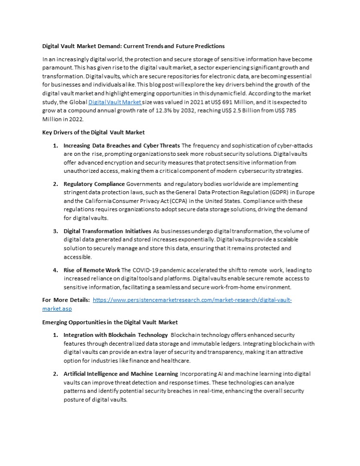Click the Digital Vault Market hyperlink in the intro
(x=115, y=102)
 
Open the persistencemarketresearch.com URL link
(x=192, y=300)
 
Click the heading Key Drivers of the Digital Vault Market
(x=93, y=132)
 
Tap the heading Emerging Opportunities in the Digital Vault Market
(x=110, y=322)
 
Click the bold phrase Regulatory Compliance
(x=94, y=184)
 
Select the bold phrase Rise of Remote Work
(x=92, y=269)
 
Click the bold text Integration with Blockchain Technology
(x=115, y=335)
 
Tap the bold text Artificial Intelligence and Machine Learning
(x=121, y=374)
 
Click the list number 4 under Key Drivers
(x=55, y=269)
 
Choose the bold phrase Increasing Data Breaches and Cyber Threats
(x=121, y=146)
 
